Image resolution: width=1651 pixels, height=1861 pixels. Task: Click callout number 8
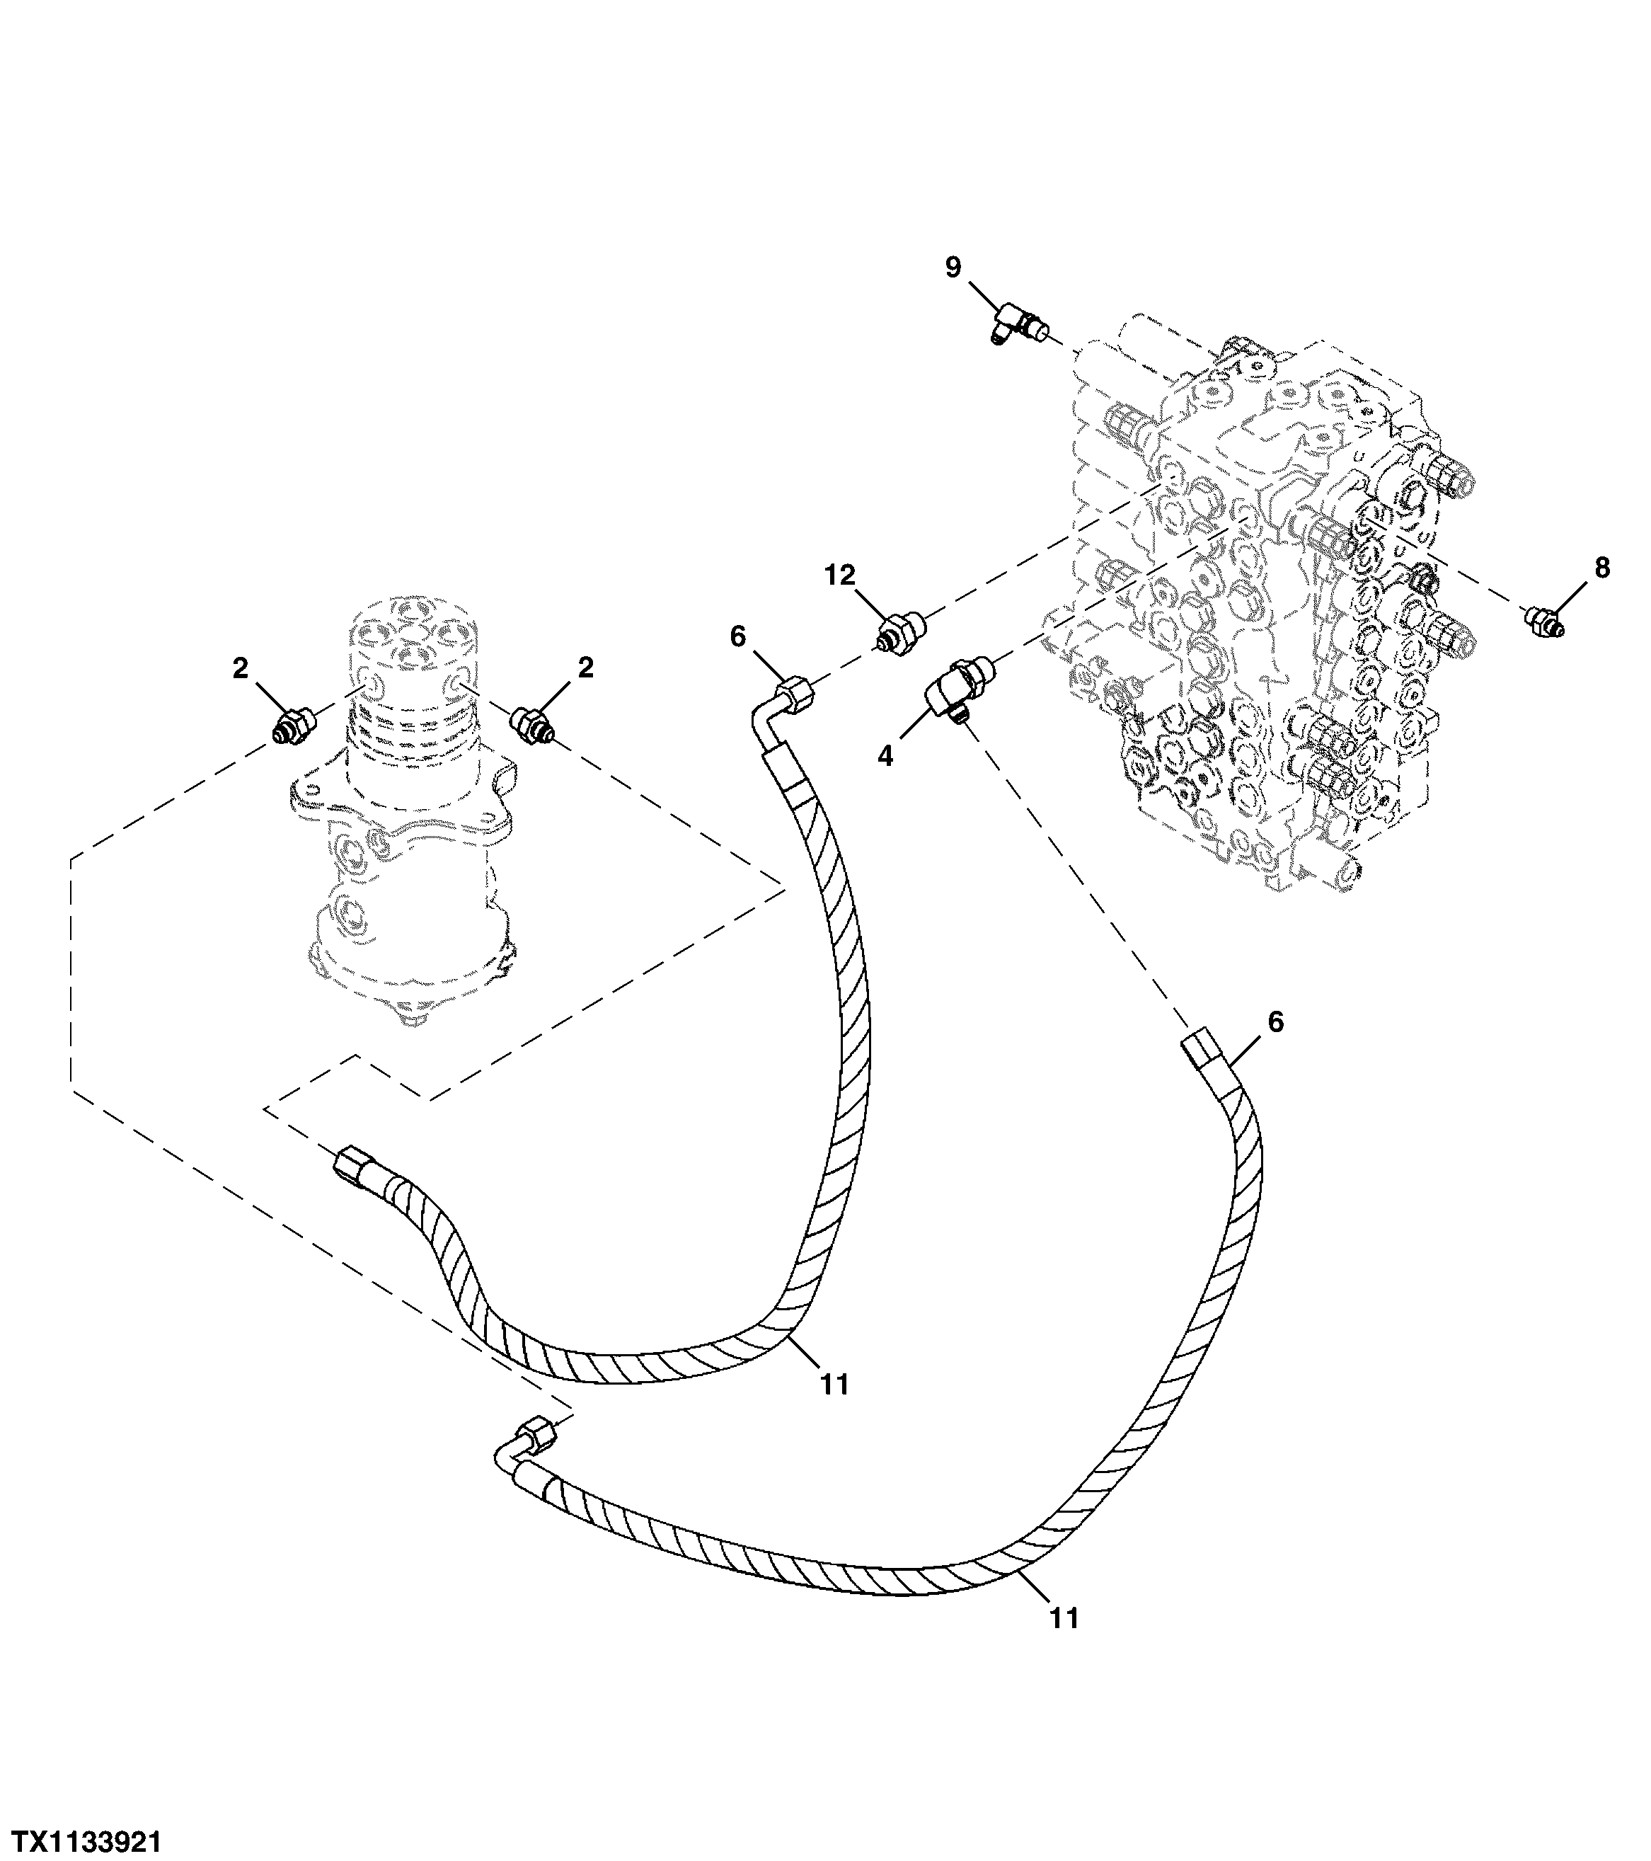[1601, 568]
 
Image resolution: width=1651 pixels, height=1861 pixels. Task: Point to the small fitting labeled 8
[1543, 623]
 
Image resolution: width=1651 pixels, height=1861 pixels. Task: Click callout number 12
[840, 576]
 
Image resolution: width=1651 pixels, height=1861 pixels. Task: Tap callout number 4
[885, 755]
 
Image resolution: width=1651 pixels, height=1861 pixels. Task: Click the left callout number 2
[241, 669]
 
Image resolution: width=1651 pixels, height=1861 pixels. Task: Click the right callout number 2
[585, 668]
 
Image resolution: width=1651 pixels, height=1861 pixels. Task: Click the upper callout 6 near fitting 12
[738, 636]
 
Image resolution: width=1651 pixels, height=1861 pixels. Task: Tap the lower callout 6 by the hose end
[1275, 1022]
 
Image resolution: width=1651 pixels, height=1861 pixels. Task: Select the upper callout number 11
[834, 1385]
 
